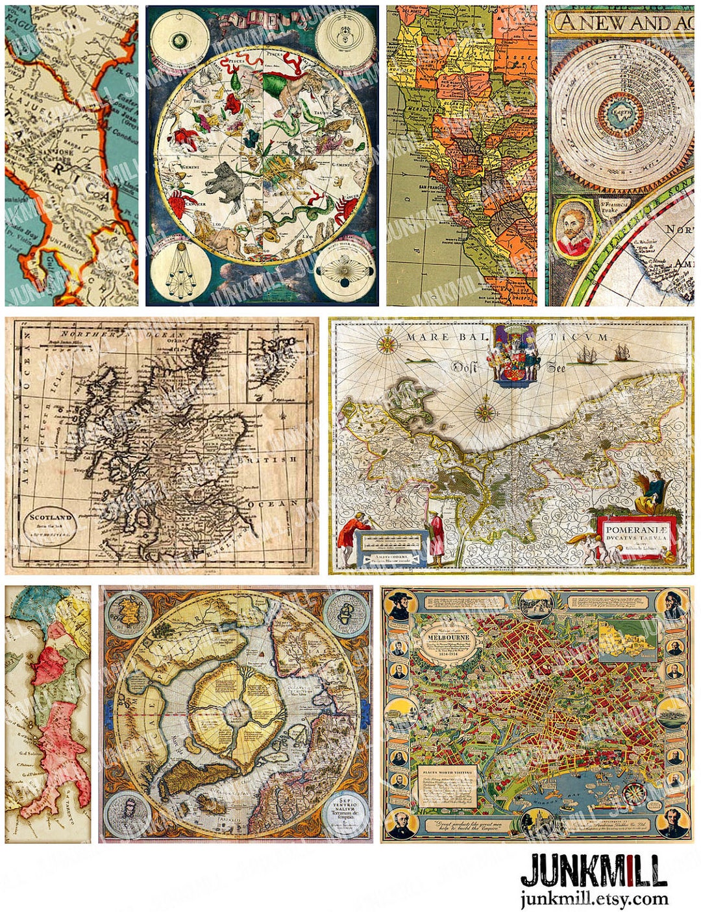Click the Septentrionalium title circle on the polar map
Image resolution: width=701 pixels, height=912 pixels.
[347, 813]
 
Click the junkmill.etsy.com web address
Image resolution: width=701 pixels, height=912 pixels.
[593, 899]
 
